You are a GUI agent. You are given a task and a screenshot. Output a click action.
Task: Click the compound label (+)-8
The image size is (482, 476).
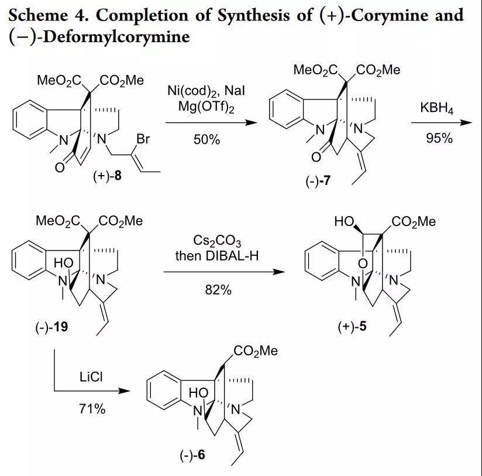[108, 175]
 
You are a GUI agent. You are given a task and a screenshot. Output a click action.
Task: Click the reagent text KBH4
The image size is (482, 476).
[436, 109]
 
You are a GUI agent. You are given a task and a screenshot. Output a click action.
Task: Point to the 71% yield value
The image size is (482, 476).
[92, 409]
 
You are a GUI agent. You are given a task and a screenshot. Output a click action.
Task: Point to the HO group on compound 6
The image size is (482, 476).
[198, 396]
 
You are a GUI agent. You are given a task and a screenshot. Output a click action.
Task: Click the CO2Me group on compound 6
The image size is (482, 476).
[256, 351]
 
